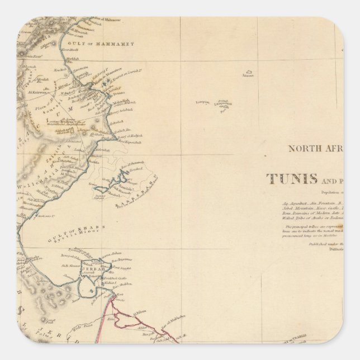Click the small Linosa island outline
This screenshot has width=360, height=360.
249,72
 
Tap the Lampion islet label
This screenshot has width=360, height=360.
202,102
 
